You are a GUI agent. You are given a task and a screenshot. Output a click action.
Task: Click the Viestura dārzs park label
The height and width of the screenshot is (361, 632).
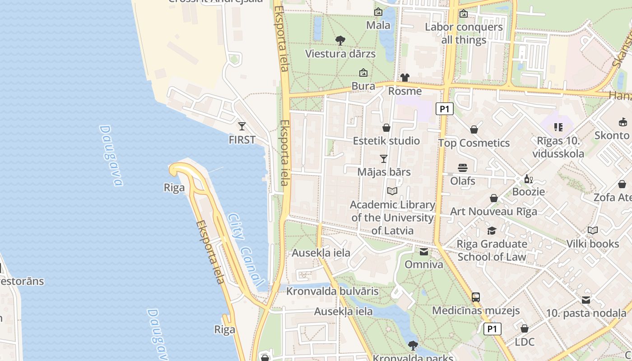340,54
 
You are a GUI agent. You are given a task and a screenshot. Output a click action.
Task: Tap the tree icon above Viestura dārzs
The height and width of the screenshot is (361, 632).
340,41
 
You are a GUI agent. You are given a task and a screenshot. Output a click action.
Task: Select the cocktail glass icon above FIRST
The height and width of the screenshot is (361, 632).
242,126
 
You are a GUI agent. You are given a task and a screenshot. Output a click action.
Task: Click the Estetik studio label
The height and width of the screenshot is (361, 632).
386,141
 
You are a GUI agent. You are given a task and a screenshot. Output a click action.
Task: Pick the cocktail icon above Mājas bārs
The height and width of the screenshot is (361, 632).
384,159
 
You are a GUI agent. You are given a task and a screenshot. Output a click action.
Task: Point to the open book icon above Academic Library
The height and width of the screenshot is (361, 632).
392,191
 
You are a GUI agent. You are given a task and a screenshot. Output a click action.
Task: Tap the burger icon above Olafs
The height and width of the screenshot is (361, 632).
462,168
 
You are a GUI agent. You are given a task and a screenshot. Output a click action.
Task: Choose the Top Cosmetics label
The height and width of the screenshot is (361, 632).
474,143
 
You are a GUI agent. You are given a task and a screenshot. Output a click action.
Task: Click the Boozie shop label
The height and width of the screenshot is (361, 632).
528,192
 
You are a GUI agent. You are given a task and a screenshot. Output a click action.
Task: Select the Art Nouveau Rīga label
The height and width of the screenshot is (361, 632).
493,211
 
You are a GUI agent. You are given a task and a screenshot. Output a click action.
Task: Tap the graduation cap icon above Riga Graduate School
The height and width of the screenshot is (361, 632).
492,231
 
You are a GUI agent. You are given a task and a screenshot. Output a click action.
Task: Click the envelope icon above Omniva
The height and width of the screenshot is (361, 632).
424,252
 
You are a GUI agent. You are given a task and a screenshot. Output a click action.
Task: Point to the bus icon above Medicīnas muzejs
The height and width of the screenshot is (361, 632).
476,297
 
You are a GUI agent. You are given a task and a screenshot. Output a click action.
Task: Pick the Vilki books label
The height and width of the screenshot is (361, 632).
593,244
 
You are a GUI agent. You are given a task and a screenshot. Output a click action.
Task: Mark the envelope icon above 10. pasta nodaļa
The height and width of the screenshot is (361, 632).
586,300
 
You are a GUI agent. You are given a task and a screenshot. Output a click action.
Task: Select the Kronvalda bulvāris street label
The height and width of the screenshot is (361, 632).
332,291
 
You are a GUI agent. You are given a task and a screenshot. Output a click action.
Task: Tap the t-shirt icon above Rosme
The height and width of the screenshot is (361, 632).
404,78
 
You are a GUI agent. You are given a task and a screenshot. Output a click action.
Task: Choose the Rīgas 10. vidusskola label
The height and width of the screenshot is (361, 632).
558,147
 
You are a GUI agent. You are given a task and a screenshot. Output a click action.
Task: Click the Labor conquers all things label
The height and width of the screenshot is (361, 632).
464,33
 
